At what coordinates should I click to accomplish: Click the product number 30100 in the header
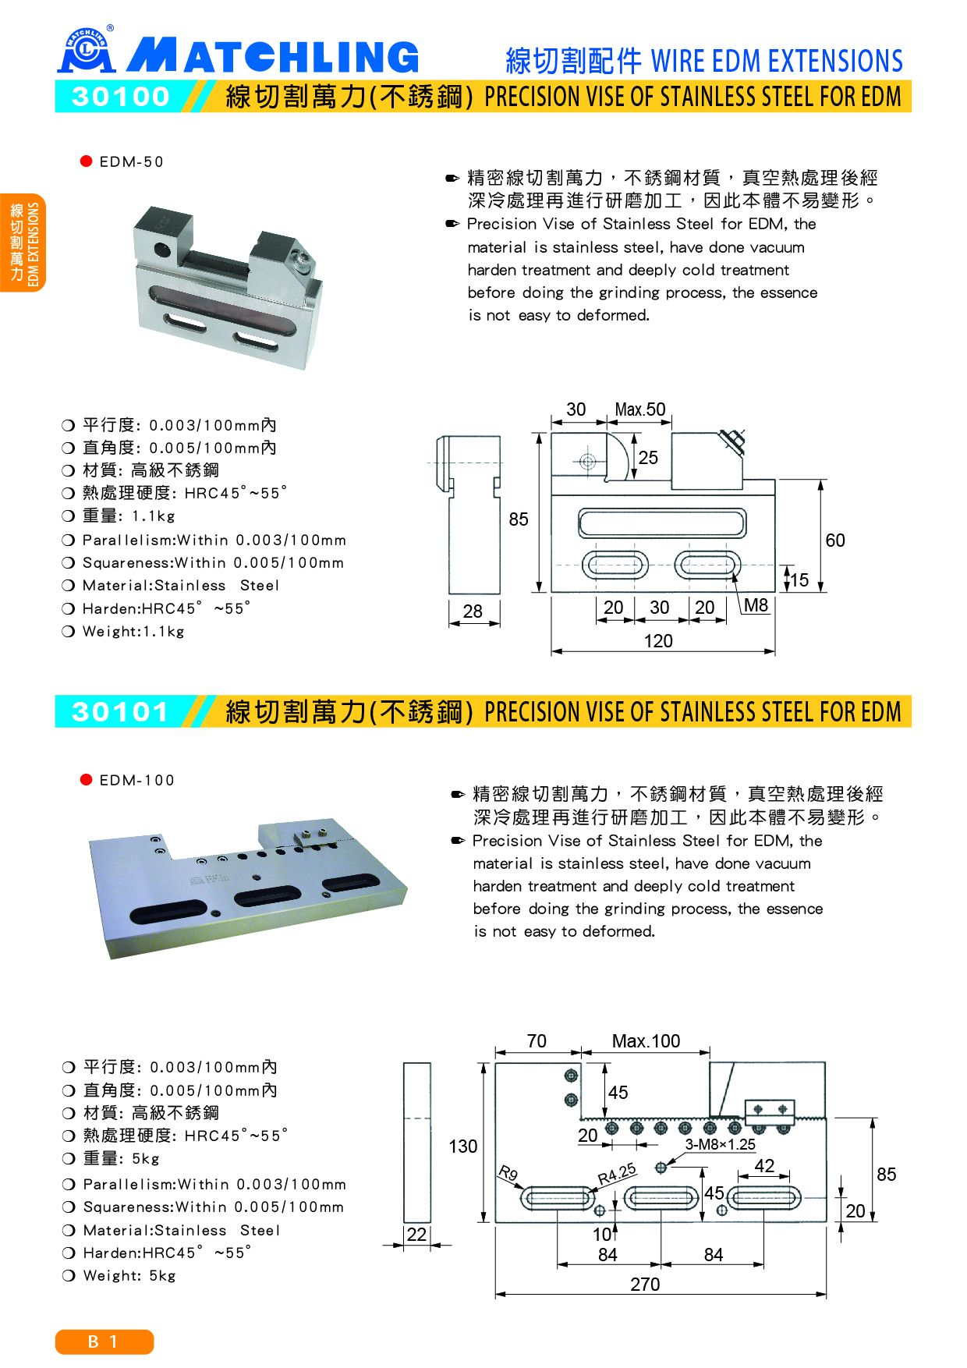click(121, 97)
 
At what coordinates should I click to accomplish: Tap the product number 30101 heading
click(121, 712)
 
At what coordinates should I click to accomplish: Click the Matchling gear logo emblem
click(87, 51)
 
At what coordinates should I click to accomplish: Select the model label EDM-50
click(131, 162)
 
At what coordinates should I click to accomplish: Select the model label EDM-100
click(136, 781)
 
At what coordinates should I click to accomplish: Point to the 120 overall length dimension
click(658, 641)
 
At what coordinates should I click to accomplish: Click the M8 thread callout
click(756, 605)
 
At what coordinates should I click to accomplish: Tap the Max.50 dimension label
click(640, 410)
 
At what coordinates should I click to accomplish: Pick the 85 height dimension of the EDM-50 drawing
click(519, 519)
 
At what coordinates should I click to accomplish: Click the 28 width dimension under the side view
click(473, 611)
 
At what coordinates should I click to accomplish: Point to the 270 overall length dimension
click(645, 1285)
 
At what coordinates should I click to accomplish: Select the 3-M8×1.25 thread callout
click(721, 1144)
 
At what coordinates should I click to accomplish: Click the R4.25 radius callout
click(617, 1174)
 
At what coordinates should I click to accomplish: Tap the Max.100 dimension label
click(646, 1041)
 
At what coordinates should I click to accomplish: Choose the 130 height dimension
click(463, 1146)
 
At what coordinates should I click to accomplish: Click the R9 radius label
click(508, 1173)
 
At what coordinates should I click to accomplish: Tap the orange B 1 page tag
click(104, 1341)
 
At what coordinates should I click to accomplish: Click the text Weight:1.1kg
click(133, 632)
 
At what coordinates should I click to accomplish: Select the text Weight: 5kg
click(129, 1276)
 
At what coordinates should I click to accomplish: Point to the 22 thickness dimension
click(417, 1235)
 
